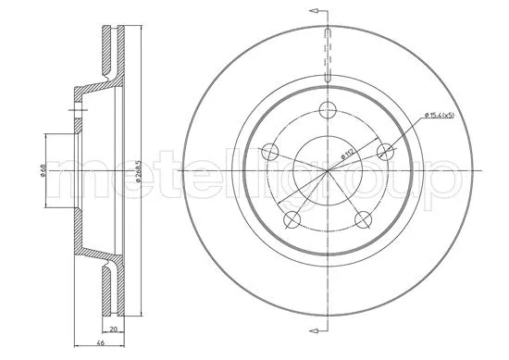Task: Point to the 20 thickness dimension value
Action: pyautogui.click(x=112, y=328)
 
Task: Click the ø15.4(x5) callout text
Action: pyautogui.click(x=441, y=115)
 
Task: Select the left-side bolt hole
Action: pyautogui.click(x=268, y=153)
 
